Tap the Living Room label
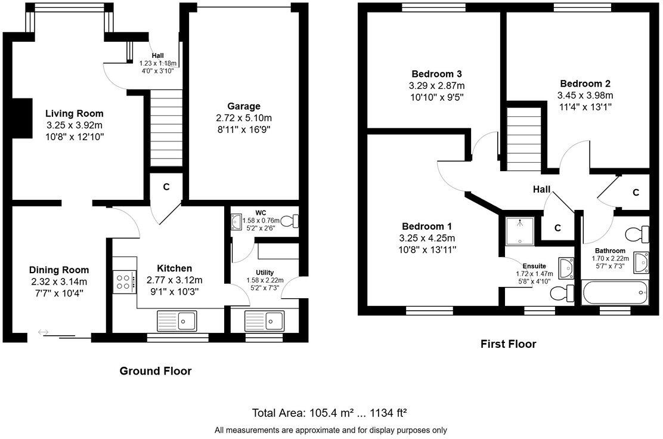pos(75,113)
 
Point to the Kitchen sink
pos(177,321)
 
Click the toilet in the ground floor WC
pos(290,222)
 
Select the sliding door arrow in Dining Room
pos(44,332)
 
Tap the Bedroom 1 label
pos(426,227)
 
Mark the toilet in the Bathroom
pos(639,233)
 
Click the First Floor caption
pos(509,344)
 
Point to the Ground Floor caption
pos(156,371)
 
